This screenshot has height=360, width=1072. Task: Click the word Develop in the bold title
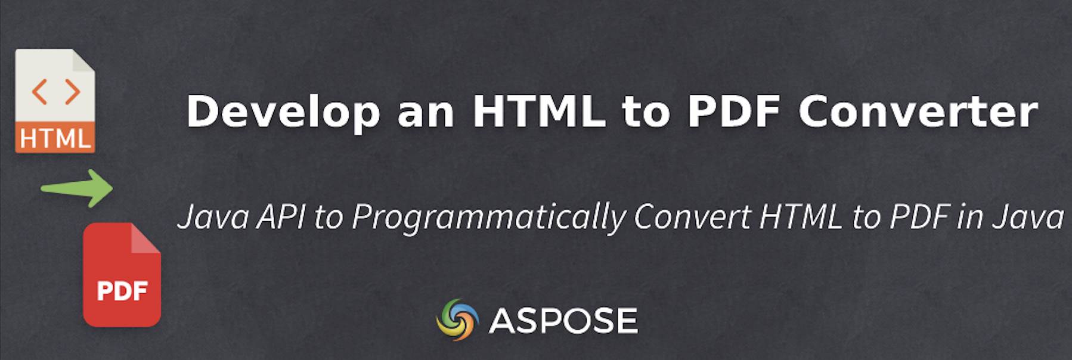[283, 111]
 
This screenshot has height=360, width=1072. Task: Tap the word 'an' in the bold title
[426, 111]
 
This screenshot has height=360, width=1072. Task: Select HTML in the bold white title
[539, 111]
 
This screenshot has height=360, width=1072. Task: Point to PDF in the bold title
[733, 111]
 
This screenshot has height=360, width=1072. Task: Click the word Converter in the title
[918, 111]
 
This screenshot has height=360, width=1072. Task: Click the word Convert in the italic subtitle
[692, 216]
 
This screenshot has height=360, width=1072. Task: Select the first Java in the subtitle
[213, 216]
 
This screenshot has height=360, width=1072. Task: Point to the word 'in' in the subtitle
[970, 216]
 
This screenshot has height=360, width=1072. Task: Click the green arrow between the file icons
[78, 188]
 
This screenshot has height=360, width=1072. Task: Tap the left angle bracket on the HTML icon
[39, 92]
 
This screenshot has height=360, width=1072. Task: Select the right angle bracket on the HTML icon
[72, 92]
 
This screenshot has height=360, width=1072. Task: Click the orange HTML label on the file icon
[55, 138]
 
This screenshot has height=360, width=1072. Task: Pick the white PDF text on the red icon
[122, 291]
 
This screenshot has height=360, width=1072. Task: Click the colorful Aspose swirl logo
[457, 319]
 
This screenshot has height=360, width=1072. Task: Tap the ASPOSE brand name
[563, 321]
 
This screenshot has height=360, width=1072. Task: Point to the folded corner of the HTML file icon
[83, 60]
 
